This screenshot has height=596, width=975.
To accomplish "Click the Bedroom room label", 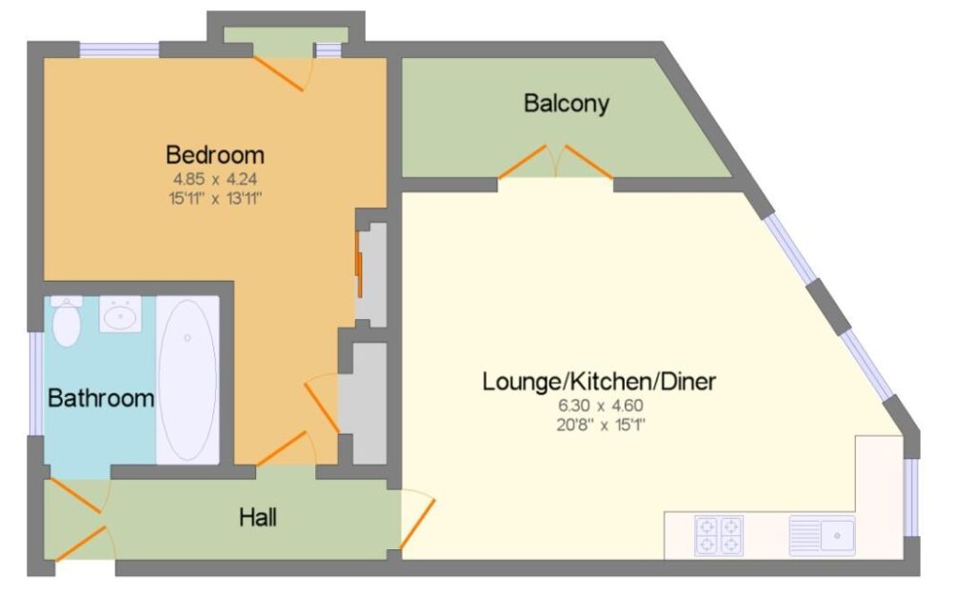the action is pyautogui.click(x=215, y=154).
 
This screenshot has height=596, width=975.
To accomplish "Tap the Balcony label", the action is pyautogui.click(x=566, y=103).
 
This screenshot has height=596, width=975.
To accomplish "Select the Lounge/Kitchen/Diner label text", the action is pyautogui.click(x=600, y=381).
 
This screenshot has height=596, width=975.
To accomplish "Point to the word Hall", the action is pyautogui.click(x=258, y=517).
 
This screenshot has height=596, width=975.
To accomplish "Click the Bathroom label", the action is pyautogui.click(x=101, y=398).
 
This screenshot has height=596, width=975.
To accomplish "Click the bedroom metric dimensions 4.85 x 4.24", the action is pyautogui.click(x=215, y=179).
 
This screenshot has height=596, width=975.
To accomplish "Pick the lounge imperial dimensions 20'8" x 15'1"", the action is pyautogui.click(x=601, y=425).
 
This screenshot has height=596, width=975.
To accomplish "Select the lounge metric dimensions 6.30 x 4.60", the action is pyautogui.click(x=601, y=406).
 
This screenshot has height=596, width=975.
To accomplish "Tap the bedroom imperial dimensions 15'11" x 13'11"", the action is pyautogui.click(x=215, y=199).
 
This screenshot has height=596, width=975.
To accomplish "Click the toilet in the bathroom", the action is pyautogui.click(x=67, y=321).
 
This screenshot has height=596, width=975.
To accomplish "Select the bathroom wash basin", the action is pyautogui.click(x=121, y=314).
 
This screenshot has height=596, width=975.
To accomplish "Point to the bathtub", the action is pyautogui.click(x=188, y=380).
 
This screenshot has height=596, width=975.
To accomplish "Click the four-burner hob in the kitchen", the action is pyautogui.click(x=719, y=536).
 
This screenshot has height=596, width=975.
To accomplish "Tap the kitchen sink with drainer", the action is pyautogui.click(x=822, y=535).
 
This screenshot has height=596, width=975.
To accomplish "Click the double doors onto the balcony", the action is pyautogui.click(x=556, y=162).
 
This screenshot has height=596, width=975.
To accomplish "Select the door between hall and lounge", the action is pyautogui.click(x=417, y=520).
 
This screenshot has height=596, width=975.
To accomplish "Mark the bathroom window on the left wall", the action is pyautogui.click(x=36, y=384).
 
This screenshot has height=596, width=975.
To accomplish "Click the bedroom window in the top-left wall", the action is pyautogui.click(x=119, y=50).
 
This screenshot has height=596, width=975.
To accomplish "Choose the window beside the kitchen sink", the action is pyautogui.click(x=910, y=497).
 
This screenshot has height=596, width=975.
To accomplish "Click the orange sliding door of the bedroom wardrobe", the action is pyautogui.click(x=359, y=264).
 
